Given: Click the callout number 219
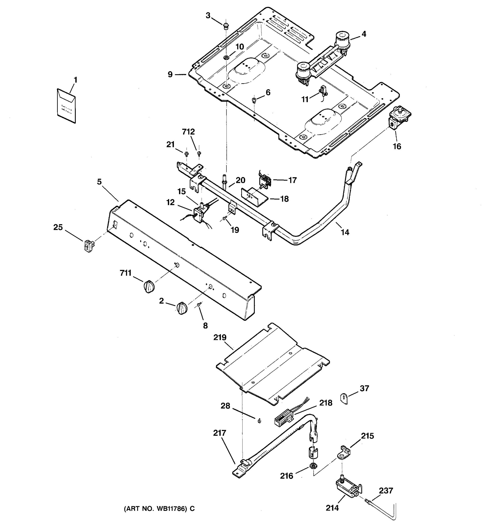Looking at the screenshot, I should [220, 337].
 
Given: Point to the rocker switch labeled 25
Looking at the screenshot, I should [89, 245].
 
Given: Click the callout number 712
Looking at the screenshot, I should [188, 132].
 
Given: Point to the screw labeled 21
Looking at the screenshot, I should [187, 154].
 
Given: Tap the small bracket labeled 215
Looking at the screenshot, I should [344, 453].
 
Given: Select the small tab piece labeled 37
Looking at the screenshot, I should [344, 399].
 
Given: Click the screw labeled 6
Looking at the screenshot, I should [254, 100].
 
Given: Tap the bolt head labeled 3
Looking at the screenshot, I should [226, 26].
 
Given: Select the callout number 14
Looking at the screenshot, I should [345, 232].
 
